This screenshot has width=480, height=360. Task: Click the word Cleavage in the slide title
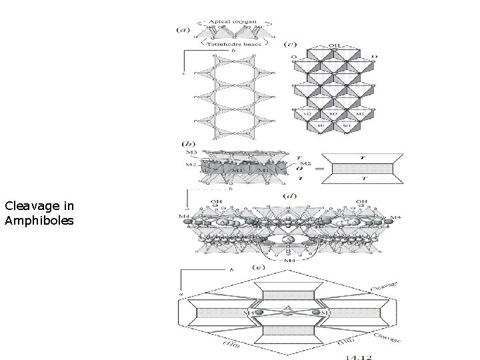click(27, 206)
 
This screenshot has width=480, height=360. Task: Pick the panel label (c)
click(291, 45)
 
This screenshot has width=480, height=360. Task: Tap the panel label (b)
click(188, 143)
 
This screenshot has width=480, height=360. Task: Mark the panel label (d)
click(290, 196)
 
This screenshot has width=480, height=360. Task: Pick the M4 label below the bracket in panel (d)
click(288, 260)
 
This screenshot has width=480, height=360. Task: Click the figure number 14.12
click(359, 355)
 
